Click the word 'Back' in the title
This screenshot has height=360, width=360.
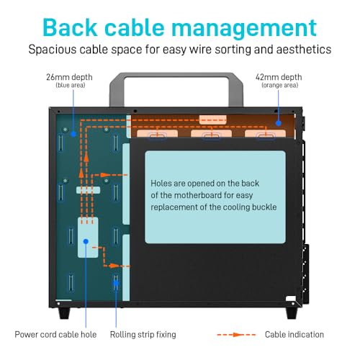pyautogui.click(x=70, y=27)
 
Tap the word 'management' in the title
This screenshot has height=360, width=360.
pyautogui.click(x=244, y=28)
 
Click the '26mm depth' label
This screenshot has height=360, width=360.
pyautogui.click(x=69, y=77)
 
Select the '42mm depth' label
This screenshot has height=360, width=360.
pyautogui.click(x=279, y=77)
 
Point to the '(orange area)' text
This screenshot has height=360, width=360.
pyautogui.click(x=280, y=85)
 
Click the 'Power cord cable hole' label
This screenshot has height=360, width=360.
pyautogui.click(x=55, y=334)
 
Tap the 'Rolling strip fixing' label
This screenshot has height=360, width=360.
pyautogui.click(x=143, y=335)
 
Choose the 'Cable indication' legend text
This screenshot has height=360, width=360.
pyautogui.click(x=294, y=334)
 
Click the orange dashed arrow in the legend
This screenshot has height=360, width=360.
pyautogui.click(x=236, y=335)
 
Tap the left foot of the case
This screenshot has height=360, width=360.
pyautogui.click(x=64, y=313)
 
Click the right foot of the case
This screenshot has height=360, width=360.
pyautogui.click(x=292, y=313)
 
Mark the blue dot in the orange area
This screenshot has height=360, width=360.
pyautogui.click(x=279, y=123)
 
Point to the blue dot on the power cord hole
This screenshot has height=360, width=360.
pyautogui.click(x=86, y=241)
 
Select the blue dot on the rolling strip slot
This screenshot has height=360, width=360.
pyautogui.click(x=116, y=283)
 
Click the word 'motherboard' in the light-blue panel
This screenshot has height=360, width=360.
pyautogui.click(x=198, y=195)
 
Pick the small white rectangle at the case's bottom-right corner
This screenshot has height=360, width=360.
pyautogui.click(x=291, y=298)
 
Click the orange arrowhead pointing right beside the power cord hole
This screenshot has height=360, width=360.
pyautogui.click(x=114, y=266)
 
